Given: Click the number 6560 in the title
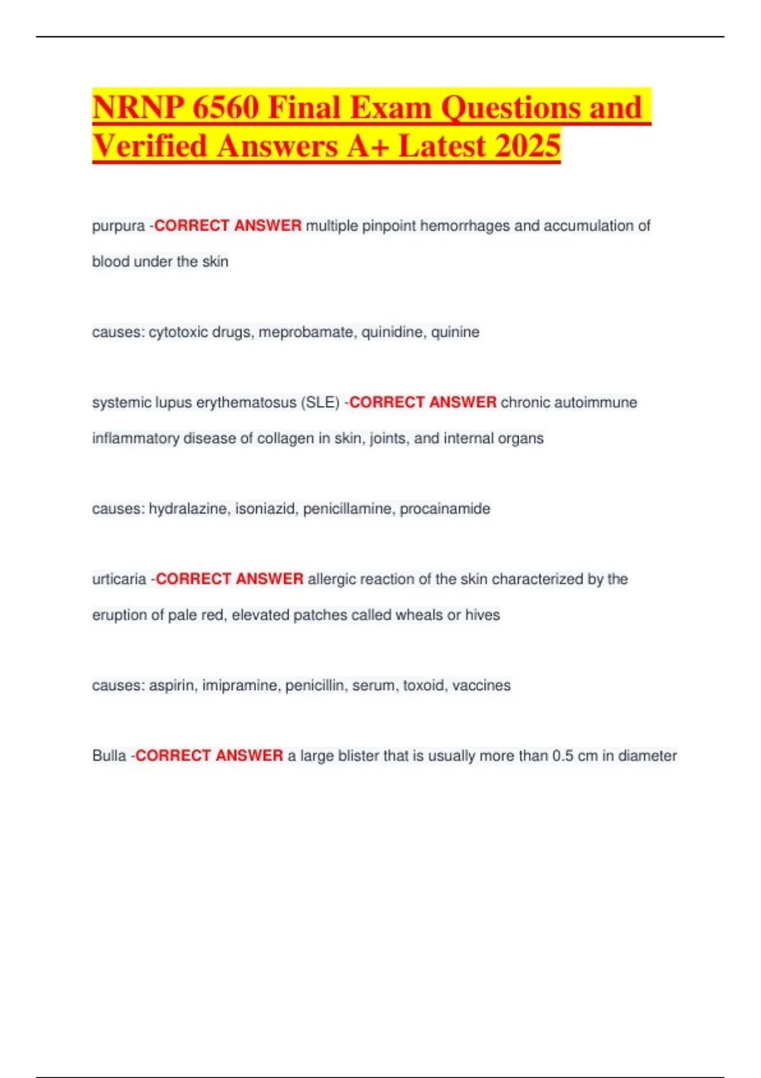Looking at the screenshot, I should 225,107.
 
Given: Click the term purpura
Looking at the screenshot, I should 118,226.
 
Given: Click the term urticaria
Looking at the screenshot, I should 119,579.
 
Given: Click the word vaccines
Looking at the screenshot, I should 481,685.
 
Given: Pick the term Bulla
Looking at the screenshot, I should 109,756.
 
